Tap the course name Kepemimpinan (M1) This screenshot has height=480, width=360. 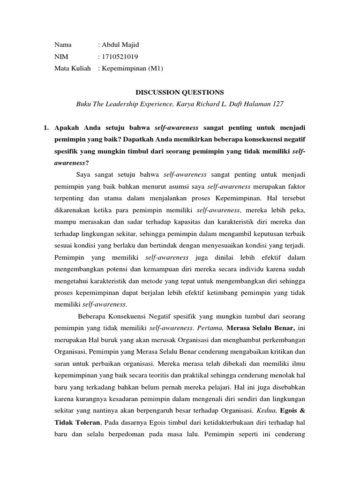point(132,68)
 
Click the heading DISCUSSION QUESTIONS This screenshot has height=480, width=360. point(180,92)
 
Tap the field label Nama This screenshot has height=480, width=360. point(63,45)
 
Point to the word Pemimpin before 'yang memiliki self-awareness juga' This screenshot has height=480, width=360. point(69,258)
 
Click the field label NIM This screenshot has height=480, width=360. point(61,57)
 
